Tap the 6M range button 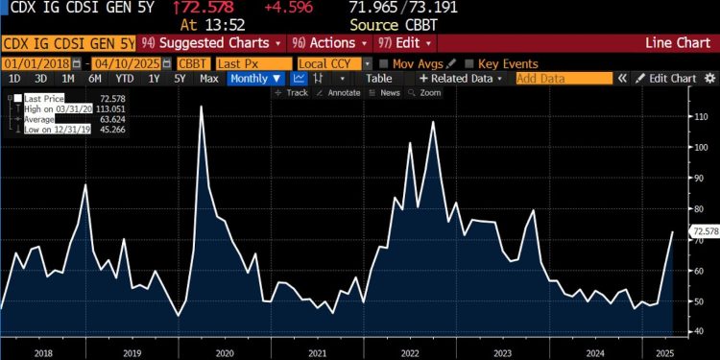click(95, 78)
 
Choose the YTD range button click(123, 78)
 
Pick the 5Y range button click(180, 78)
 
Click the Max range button click(208, 78)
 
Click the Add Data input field click(564, 78)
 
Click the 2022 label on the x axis click(410, 352)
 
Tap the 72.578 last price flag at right click(705, 230)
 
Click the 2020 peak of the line click(201, 106)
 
